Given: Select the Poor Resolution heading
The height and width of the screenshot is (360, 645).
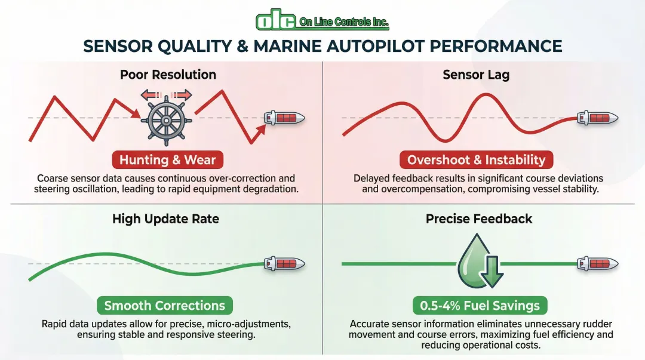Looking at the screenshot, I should [168, 75].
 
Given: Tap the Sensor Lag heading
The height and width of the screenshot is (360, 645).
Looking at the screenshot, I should [476, 75].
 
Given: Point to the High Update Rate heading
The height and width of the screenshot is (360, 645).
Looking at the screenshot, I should [165, 219].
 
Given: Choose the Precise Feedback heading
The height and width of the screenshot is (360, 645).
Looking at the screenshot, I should [478, 219].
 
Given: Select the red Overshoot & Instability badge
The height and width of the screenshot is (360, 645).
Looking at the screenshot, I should [476, 160].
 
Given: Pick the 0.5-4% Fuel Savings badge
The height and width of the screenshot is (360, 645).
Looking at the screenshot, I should [480, 306].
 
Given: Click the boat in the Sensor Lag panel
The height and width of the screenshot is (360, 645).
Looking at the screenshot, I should [597, 118].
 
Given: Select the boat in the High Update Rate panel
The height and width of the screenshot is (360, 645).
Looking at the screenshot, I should [284, 263].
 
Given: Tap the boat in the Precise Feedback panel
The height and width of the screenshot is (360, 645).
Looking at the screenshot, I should [597, 263].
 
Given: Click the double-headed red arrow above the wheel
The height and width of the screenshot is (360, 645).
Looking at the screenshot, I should [167, 94].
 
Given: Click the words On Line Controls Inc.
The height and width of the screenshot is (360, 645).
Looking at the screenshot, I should [343, 23].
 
